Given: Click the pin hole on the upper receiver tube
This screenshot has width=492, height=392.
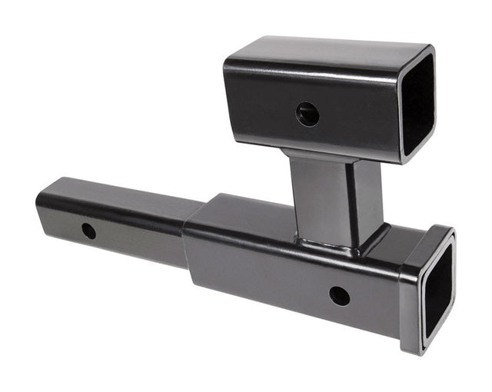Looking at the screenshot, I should (x=307, y=115).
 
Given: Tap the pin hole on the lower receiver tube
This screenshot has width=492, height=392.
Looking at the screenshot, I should (x=339, y=295).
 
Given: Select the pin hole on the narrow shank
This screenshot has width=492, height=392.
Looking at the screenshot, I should (x=89, y=230).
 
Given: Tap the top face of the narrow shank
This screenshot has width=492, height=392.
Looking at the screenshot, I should (x=115, y=193).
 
